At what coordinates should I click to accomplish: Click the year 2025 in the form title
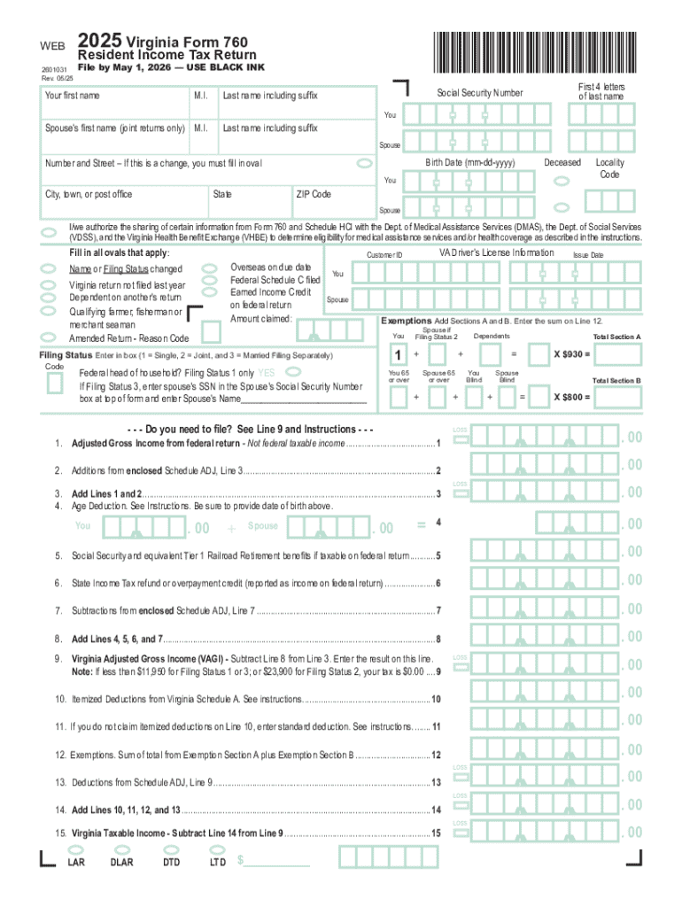(99, 42)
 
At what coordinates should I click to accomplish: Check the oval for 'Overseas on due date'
(210, 267)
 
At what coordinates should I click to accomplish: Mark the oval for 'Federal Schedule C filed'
(210, 280)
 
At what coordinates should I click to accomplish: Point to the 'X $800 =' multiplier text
(572, 397)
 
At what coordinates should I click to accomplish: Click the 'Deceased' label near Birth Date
(562, 163)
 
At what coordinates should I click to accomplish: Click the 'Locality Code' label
(609, 168)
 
